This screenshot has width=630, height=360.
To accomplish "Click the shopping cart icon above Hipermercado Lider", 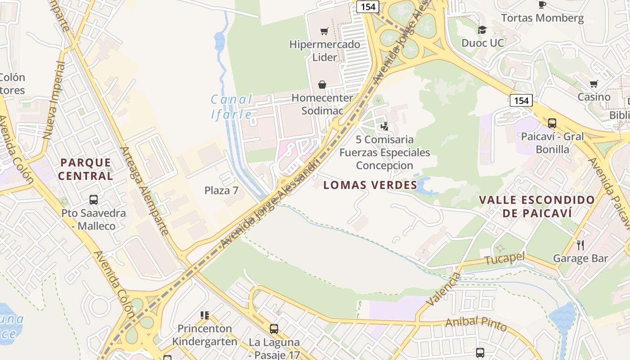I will (x=324, y=31).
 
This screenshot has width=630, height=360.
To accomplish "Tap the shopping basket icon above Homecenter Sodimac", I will (x=322, y=84).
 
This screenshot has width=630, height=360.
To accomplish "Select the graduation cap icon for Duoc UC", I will (x=482, y=30).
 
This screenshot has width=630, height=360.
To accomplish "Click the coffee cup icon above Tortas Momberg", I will (x=542, y=4).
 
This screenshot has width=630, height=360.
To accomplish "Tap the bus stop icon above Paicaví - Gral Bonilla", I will (x=552, y=123).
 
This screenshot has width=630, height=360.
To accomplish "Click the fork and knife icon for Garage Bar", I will (x=580, y=245).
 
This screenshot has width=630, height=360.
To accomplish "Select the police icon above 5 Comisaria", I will (x=384, y=126).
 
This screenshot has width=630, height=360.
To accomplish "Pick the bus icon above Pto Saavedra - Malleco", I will (x=94, y=199).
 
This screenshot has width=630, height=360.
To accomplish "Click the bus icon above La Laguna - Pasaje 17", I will (x=274, y=328).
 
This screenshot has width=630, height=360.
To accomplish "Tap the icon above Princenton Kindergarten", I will (x=205, y=315).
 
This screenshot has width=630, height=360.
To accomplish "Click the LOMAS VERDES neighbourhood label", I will (x=370, y=185).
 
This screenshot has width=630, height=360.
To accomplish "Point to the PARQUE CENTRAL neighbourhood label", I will (x=85, y=169).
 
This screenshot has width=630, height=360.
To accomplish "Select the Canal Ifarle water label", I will (x=232, y=107).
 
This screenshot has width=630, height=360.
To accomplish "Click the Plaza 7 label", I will (x=221, y=190).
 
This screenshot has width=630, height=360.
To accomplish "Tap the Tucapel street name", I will (x=505, y=259).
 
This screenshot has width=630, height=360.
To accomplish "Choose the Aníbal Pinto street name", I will (x=476, y=324).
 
